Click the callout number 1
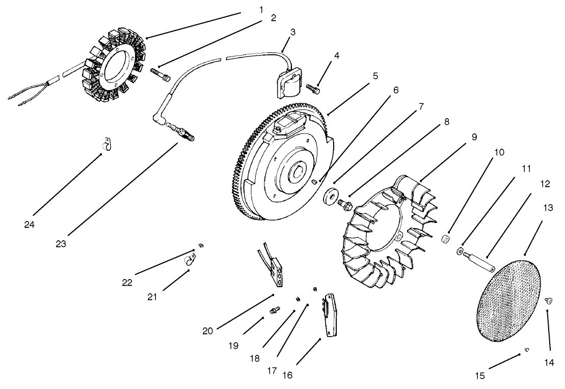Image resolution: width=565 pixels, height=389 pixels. (x=261, y=10)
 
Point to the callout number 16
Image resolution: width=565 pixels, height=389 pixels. (x=288, y=376)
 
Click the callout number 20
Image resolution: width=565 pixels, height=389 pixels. (x=207, y=331)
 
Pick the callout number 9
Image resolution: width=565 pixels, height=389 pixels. (x=473, y=137)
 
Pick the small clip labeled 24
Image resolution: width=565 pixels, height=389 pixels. (x=106, y=146)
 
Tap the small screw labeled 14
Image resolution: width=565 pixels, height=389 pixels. (x=549, y=301)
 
